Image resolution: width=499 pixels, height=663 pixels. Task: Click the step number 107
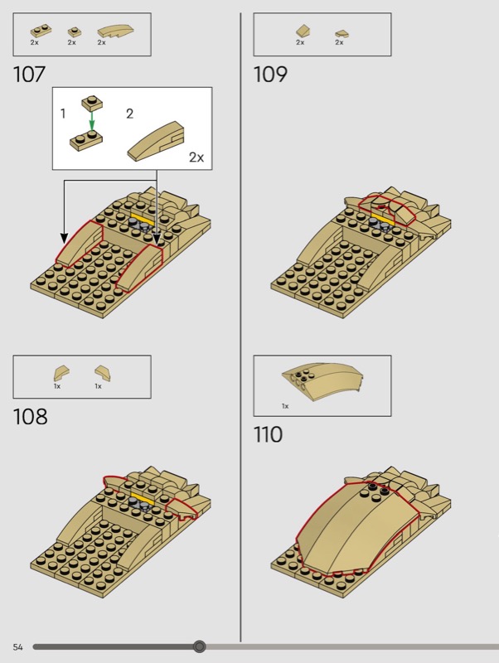click(29, 75)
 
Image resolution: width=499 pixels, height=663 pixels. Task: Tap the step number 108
click(30, 417)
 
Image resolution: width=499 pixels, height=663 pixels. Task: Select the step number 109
click(270, 75)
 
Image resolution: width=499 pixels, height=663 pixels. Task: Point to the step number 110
click(268, 434)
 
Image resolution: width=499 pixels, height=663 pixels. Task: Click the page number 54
click(17, 647)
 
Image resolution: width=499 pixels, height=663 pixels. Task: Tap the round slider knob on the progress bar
click(199, 646)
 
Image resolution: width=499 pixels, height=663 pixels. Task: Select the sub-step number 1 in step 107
click(63, 114)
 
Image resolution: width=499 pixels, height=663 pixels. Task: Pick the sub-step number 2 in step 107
click(129, 114)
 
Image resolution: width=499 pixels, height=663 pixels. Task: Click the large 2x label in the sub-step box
click(196, 157)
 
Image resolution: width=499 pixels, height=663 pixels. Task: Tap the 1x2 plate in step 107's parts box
click(41, 31)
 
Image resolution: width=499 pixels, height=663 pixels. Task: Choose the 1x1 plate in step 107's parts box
click(75, 32)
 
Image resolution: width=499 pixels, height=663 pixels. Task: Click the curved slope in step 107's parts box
click(115, 31)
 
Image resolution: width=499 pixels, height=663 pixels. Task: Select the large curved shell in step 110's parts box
click(322, 381)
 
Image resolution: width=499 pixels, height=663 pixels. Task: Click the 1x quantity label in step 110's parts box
click(285, 406)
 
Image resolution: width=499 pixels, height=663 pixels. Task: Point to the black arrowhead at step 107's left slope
click(64, 238)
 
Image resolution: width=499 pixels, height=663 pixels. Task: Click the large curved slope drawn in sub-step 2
click(157, 140)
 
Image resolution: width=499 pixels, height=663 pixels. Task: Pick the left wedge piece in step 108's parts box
click(61, 373)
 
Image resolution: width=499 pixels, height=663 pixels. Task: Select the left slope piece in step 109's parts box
click(303, 31)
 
